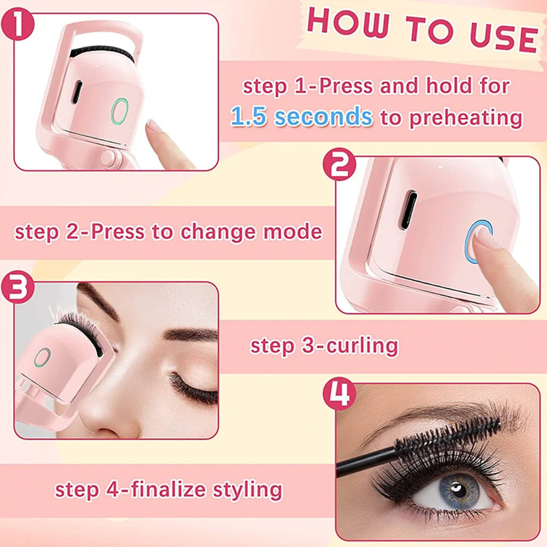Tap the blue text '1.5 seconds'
[301, 117]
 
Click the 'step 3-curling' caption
[324, 346]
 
